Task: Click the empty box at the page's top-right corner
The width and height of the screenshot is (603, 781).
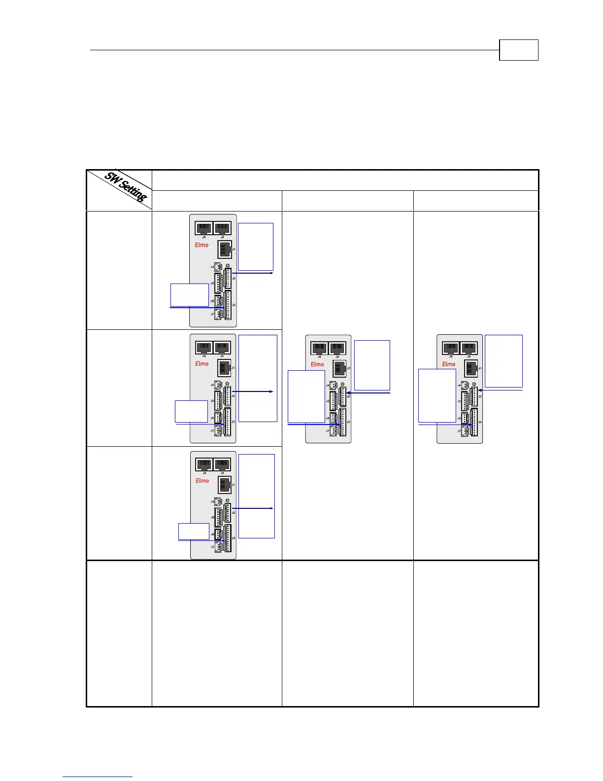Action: (x=518, y=50)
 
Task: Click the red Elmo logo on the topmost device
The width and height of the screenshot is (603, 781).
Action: (x=202, y=245)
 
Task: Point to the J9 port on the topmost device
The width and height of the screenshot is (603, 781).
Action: (x=222, y=228)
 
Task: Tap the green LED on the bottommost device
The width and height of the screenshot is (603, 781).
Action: (x=227, y=500)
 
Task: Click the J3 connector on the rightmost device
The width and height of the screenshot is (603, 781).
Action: (x=474, y=422)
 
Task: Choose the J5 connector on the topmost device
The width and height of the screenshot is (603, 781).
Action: (x=218, y=283)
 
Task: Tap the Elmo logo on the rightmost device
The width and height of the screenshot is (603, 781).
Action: (x=449, y=364)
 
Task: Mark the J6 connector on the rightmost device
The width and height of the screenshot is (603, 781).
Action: (x=464, y=418)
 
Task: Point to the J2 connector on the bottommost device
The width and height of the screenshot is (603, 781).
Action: (x=228, y=512)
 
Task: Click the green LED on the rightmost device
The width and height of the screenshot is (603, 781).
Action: (x=474, y=384)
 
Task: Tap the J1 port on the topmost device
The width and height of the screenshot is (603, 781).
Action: (x=225, y=249)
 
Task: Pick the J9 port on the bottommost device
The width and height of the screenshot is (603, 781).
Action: (x=222, y=464)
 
